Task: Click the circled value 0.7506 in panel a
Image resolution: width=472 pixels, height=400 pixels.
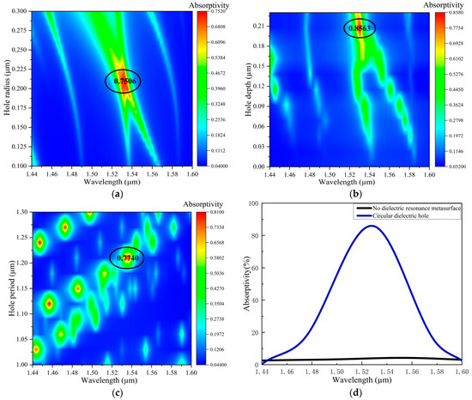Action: (x=122, y=81)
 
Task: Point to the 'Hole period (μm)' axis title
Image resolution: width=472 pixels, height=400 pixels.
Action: (x=6, y=286)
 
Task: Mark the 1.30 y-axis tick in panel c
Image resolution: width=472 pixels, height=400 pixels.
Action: (x=21, y=211)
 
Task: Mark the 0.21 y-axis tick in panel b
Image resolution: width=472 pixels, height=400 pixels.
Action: (x=262, y=27)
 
